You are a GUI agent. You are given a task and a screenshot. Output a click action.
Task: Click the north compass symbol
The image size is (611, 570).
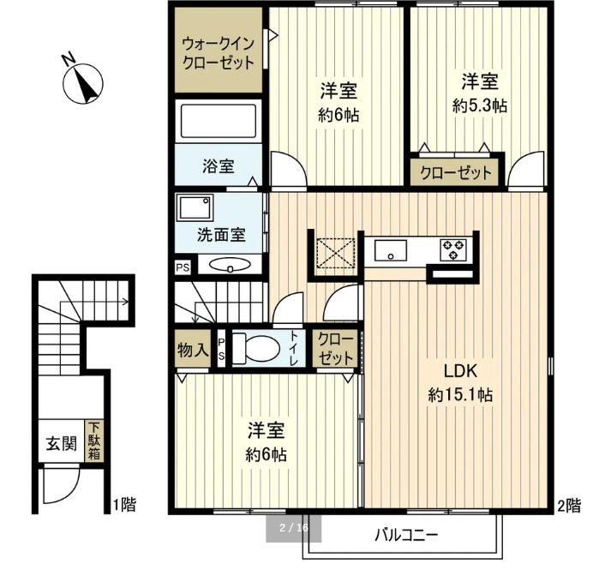click(x=84, y=83)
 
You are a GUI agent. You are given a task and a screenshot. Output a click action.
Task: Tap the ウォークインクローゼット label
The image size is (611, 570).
click(x=218, y=53)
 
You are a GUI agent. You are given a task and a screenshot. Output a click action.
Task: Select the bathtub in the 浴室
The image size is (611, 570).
click(x=218, y=122)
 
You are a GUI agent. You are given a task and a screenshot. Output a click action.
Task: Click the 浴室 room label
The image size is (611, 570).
click(x=219, y=165)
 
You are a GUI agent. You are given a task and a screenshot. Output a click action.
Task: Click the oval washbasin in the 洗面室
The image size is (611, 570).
click(x=229, y=266)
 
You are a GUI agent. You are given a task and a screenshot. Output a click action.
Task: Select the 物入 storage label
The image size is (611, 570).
click(x=192, y=350)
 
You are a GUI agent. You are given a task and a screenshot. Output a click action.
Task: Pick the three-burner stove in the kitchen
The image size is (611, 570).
click(x=453, y=250)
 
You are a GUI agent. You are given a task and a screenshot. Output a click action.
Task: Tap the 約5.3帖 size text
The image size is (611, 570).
click(x=480, y=106)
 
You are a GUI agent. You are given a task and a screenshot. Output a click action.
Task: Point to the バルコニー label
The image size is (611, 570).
click(x=406, y=537)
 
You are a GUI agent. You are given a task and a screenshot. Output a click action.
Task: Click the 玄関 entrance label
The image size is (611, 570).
click(x=61, y=444)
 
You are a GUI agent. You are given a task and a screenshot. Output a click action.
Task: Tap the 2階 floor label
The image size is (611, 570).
click(x=568, y=504)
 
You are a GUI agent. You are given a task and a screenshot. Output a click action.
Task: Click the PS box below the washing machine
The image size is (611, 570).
click(x=183, y=267)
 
